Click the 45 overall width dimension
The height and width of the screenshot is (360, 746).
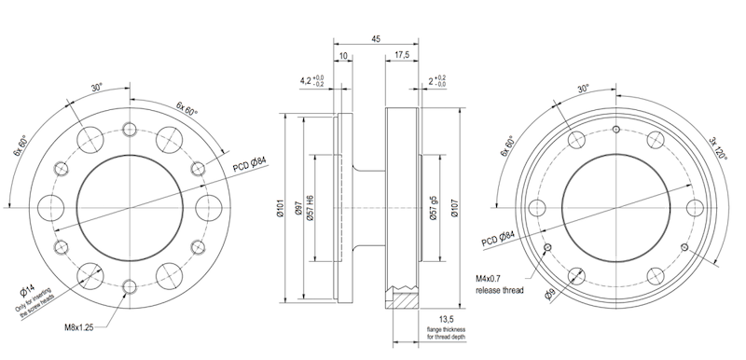pos(376,39)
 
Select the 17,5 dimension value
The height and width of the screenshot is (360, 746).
pos(402,55)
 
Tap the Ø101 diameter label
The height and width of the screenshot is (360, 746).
pos(281,208)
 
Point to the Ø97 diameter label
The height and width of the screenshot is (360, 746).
pos(298,208)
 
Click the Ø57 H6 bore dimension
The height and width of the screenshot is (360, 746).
pos(311,208)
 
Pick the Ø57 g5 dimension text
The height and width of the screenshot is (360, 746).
pos(433,208)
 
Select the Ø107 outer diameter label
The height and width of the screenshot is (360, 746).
pos(454,208)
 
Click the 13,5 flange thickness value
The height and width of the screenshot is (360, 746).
pos(446,319)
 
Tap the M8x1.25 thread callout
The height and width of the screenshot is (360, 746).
pos(79,327)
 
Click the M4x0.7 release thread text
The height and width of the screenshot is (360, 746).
pos(500,284)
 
